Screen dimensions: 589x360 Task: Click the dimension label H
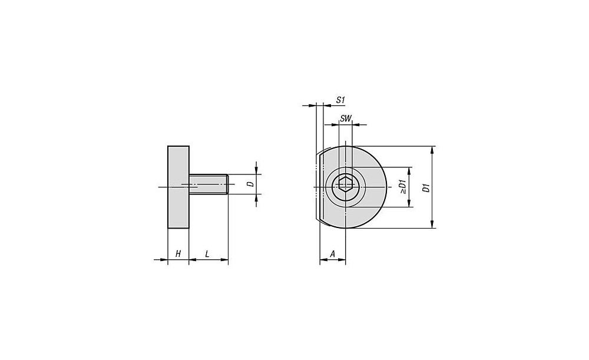point(178,254)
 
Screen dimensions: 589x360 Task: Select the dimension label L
point(207,254)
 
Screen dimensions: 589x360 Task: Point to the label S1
point(340,100)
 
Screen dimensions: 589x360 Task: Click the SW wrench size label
point(345,119)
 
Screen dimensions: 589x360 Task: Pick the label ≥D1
point(403,187)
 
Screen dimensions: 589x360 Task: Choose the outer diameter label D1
point(426,187)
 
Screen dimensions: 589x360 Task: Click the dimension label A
point(332,254)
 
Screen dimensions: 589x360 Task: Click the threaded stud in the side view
point(209,184)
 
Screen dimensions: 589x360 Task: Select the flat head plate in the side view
point(178,187)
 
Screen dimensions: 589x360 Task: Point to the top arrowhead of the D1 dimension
point(432,150)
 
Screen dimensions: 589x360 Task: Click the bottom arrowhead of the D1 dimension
point(432,224)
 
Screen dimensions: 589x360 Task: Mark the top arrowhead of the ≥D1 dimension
point(409,171)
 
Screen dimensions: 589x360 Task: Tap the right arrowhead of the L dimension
point(224,259)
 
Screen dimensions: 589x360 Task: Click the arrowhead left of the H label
point(163,259)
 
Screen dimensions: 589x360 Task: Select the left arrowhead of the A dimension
point(324,259)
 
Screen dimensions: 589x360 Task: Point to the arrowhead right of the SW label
point(357,124)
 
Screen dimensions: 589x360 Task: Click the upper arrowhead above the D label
point(256,170)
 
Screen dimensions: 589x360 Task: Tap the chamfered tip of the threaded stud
point(227,184)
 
